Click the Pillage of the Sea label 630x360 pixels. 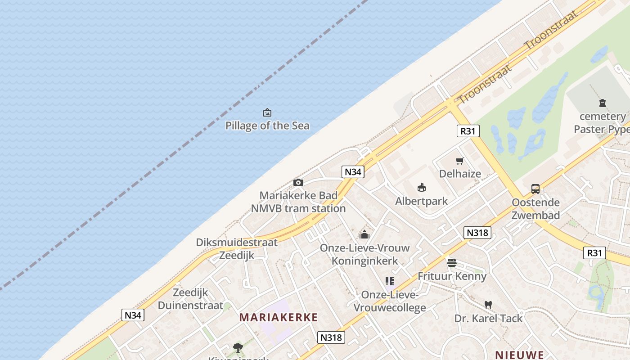pyautogui.click(x=267, y=126)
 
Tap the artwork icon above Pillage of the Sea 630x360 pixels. pyautogui.click(x=267, y=112)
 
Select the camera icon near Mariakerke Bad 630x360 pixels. pyautogui.click(x=298, y=182)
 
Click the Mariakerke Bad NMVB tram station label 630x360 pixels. pyautogui.click(x=298, y=202)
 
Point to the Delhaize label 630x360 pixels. pyautogui.click(x=460, y=174)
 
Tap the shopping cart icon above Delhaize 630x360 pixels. pyautogui.click(x=459, y=161)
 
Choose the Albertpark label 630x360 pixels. pyautogui.click(x=421, y=201)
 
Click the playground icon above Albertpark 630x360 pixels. pyautogui.click(x=422, y=187)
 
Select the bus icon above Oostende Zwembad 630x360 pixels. pyautogui.click(x=535, y=189)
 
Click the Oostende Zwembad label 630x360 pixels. pyautogui.click(x=535, y=209)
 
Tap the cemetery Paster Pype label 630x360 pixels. pyautogui.click(x=602, y=123)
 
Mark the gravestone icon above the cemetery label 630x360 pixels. pyautogui.click(x=603, y=103)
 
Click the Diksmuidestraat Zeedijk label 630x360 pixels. pyautogui.click(x=237, y=249)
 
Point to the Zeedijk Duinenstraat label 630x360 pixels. pyautogui.click(x=190, y=299)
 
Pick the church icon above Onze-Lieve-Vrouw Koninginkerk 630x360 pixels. pyautogui.click(x=364, y=234)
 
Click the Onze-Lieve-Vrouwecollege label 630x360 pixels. pyautogui.click(x=390, y=301)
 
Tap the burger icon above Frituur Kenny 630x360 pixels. pyautogui.click(x=452, y=263)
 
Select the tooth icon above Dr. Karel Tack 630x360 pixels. pyautogui.click(x=488, y=305)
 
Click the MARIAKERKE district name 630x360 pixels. pyautogui.click(x=279, y=317)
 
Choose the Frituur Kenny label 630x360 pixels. pyautogui.click(x=452, y=276)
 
